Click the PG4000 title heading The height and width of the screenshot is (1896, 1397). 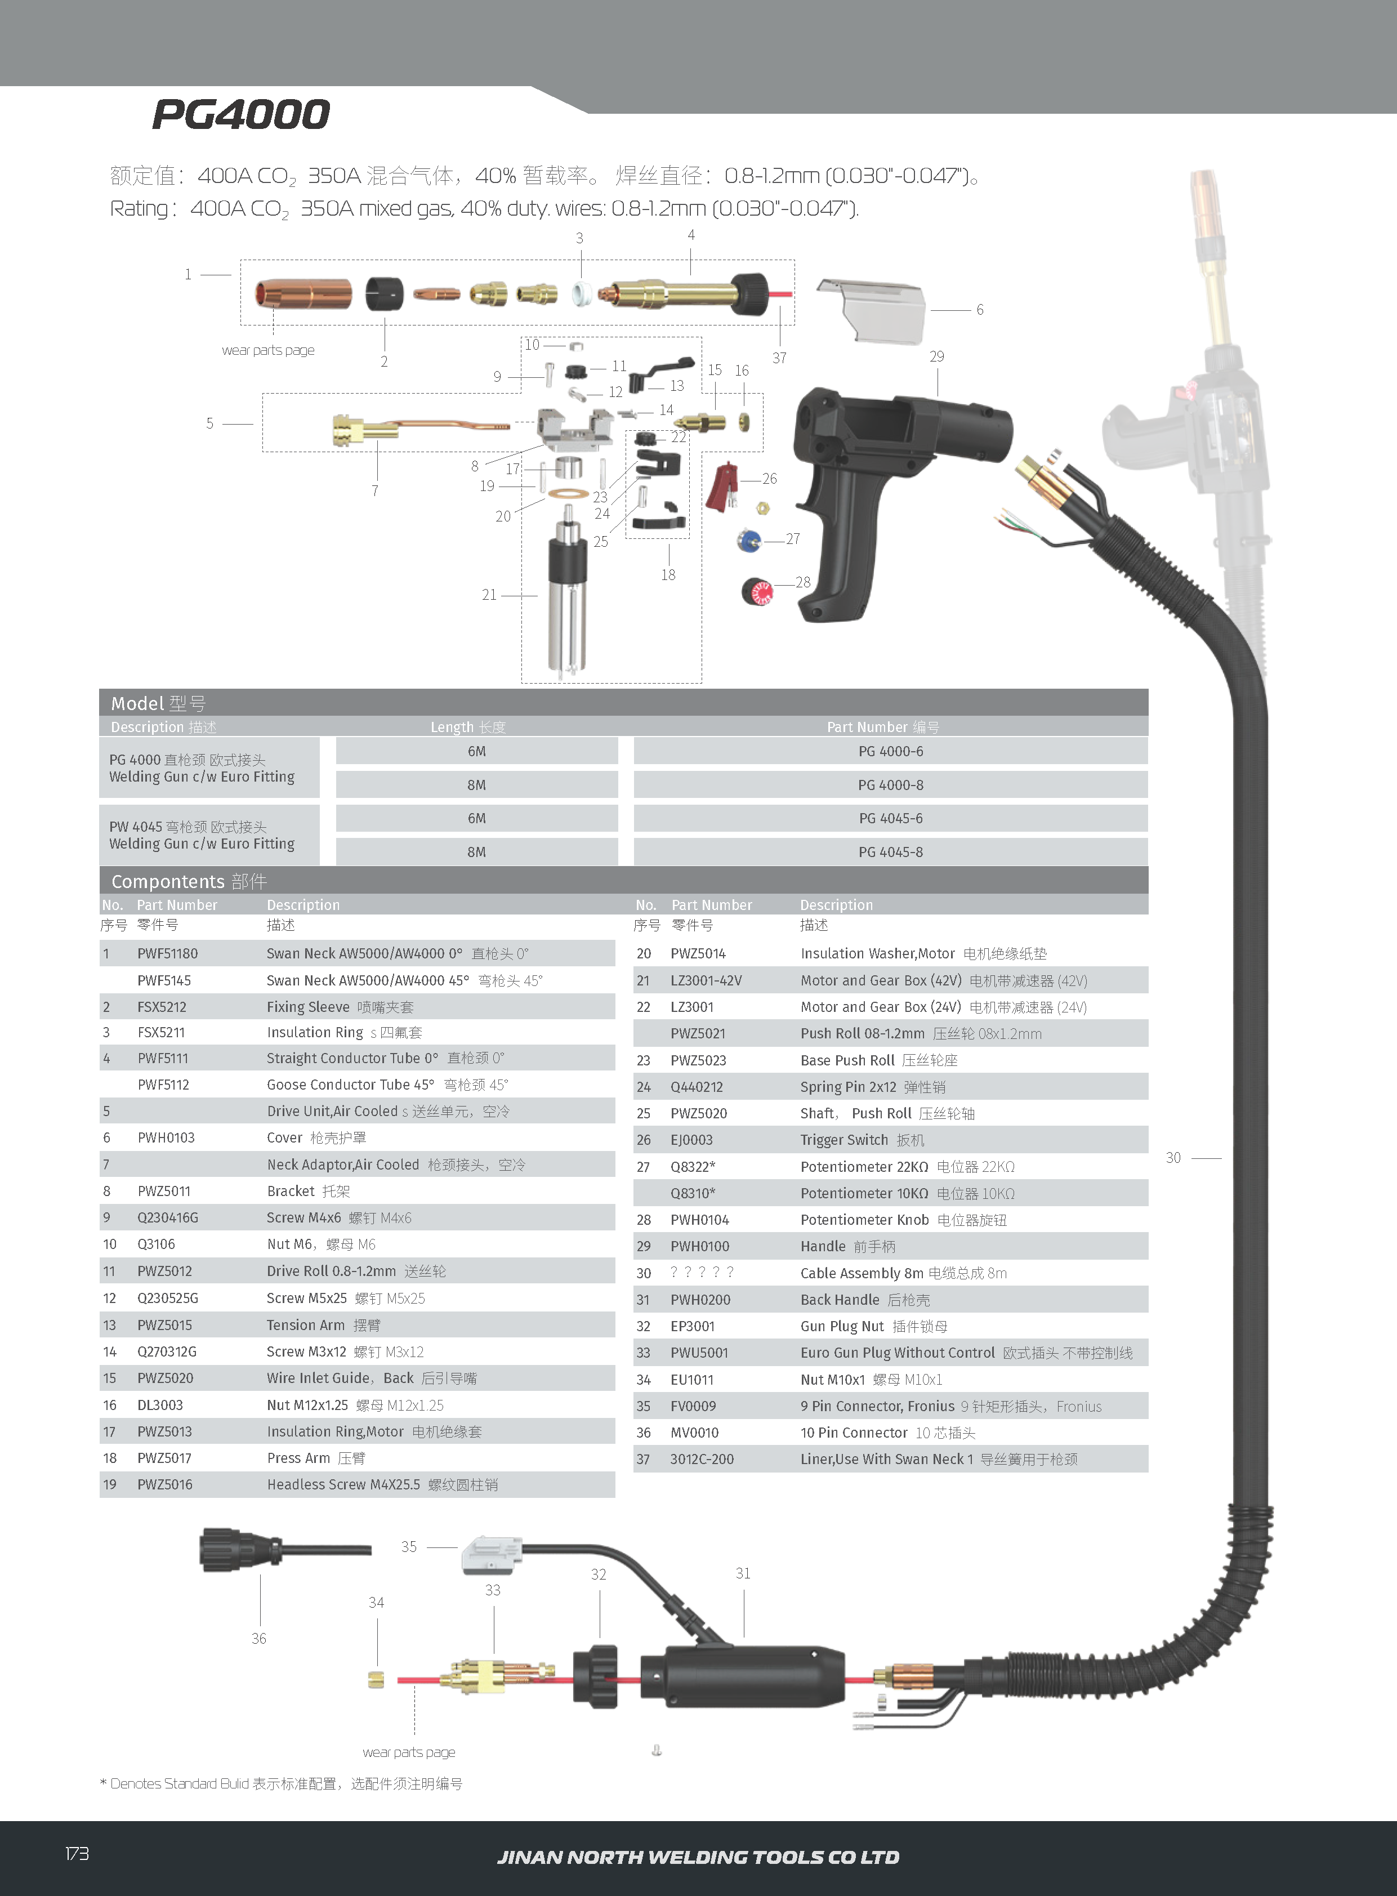pos(241,115)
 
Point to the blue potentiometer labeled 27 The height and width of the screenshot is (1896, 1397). pos(748,539)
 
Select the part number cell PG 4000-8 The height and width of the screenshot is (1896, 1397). pos(890,786)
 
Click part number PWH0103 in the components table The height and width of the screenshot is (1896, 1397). pos(166,1138)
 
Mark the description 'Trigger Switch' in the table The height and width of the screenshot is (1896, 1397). pos(844,1140)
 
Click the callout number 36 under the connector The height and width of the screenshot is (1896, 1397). pos(259,1639)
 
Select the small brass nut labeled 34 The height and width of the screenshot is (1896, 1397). pos(376,1680)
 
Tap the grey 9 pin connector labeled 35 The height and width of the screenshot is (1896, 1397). pos(490,1554)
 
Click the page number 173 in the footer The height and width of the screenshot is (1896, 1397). pos(77,1854)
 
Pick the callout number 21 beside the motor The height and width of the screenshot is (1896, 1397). pos(489,595)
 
